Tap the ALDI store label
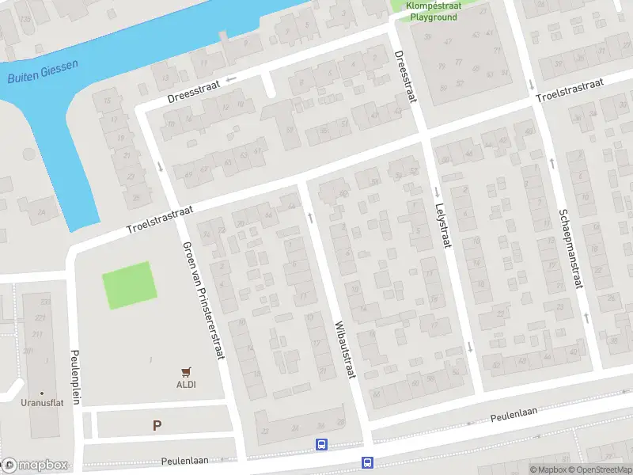(186, 385)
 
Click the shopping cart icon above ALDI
(187, 370)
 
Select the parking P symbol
(157, 425)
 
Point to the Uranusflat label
(41, 402)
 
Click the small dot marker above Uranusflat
(41, 392)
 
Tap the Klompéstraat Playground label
(433, 11)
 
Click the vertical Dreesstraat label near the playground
(405, 77)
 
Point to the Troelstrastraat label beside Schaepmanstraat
(569, 90)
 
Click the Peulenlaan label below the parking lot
(187, 460)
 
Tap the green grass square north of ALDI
(127, 285)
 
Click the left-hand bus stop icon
(322, 445)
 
